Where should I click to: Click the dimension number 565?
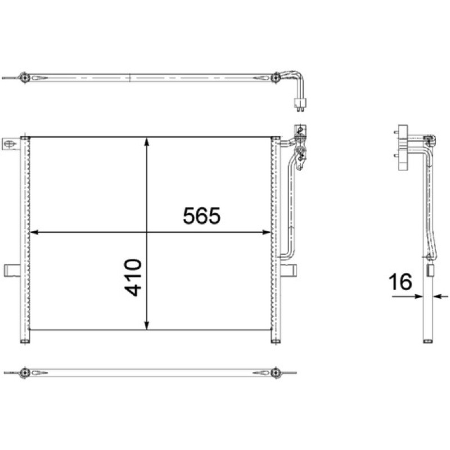pyautogui.click(x=202, y=215)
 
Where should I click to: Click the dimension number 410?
pyautogui.click(x=133, y=277)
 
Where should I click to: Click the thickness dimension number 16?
pyautogui.click(x=400, y=282)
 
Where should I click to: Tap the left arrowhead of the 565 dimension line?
pyautogui.click(x=34, y=232)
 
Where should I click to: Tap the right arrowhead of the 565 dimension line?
pyautogui.click(x=267, y=232)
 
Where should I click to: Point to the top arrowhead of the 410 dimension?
pyautogui.click(x=147, y=142)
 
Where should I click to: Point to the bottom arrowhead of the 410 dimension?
pyautogui.click(x=147, y=325)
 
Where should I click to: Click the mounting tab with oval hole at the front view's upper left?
pyautogui.click(x=11, y=144)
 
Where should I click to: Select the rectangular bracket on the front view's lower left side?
pyautogui.click(x=12, y=271)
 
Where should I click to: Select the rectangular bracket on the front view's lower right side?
pyautogui.click(x=289, y=271)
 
